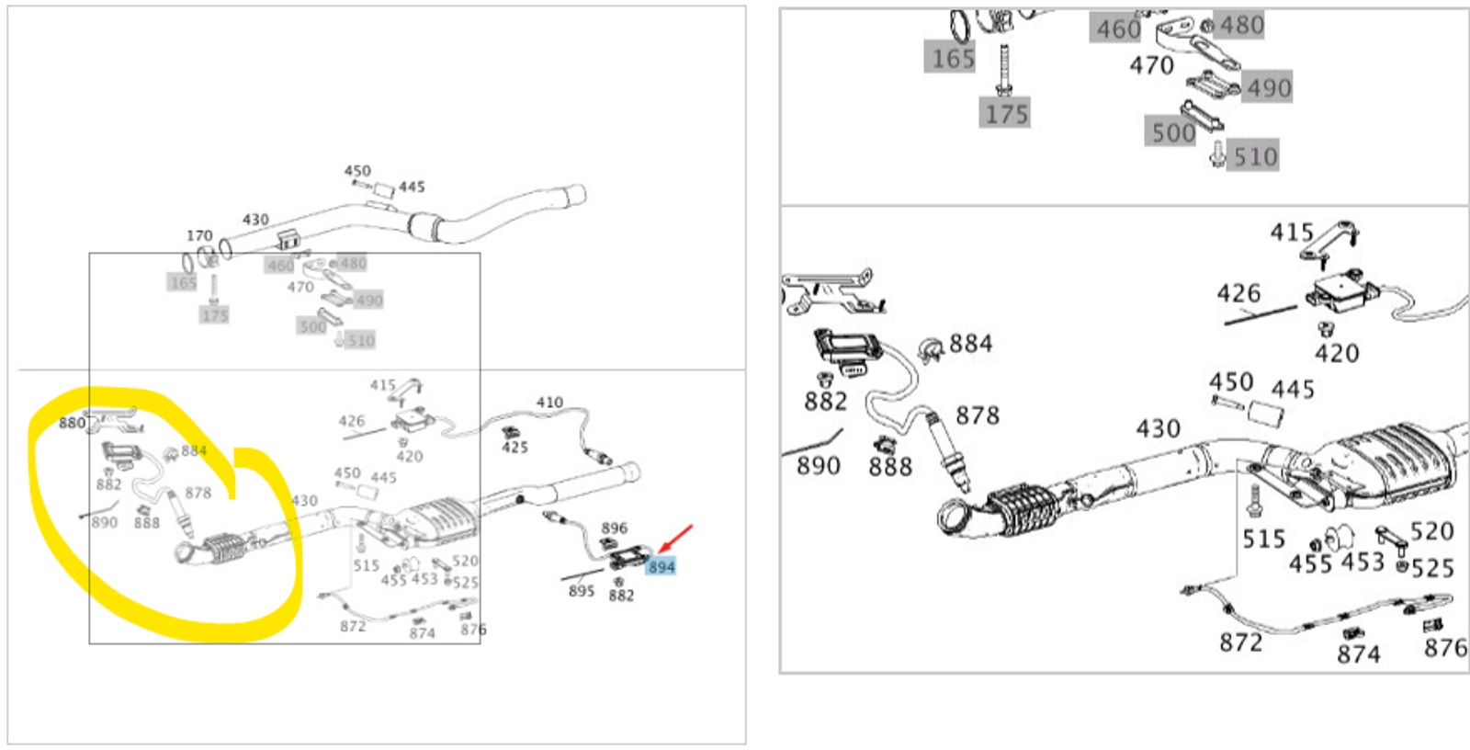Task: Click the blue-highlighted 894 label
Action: [661, 567]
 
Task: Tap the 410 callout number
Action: [549, 402]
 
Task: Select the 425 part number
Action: [515, 448]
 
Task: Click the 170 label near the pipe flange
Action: [199, 235]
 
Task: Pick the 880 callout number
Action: [72, 423]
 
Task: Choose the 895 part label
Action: [582, 591]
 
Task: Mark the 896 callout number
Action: [615, 528]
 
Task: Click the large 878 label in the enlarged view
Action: [978, 415]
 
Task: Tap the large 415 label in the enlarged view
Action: [1292, 232]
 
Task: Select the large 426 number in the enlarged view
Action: [1238, 293]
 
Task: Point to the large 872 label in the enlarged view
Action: [1241, 642]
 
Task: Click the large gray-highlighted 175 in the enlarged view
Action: [1006, 114]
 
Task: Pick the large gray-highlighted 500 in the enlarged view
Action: [1173, 132]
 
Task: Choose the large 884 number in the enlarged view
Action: [971, 344]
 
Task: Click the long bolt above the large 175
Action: [1003, 68]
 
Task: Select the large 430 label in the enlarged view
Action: [1158, 428]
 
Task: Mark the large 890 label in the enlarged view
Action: [819, 465]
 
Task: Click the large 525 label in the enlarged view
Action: [1432, 568]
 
